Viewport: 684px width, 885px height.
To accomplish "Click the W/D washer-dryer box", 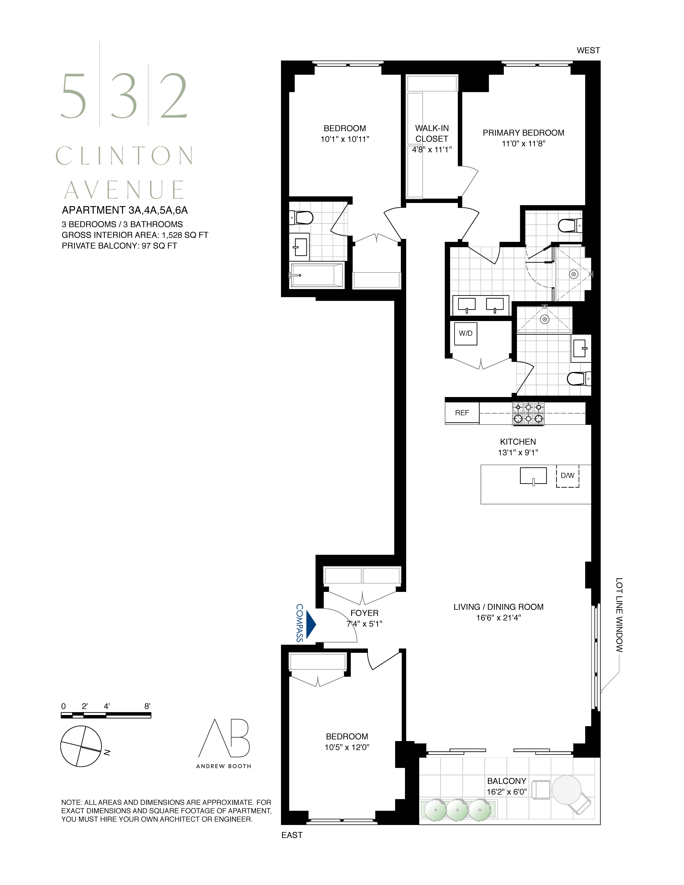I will point(466,333).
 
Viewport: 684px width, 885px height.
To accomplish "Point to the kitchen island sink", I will point(533,476).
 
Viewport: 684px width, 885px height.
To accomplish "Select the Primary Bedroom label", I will point(523,133).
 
